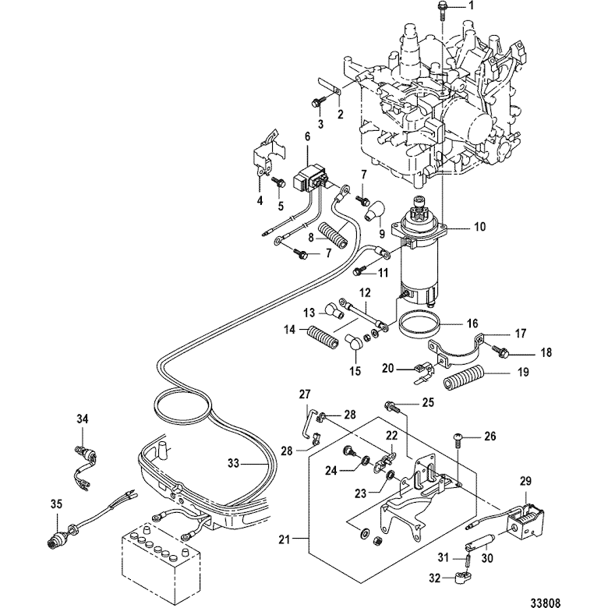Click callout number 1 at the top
(470, 6)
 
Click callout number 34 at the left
(83, 420)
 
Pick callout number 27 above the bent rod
(305, 394)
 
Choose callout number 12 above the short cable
(364, 292)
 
